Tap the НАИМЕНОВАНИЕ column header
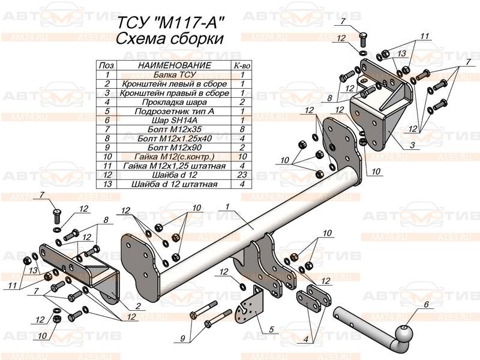[174, 65]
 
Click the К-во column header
[242, 65]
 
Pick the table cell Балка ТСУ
[174, 75]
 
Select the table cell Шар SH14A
[174, 120]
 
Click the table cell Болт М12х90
[174, 147]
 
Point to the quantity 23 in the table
[242, 175]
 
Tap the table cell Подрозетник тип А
[174, 111]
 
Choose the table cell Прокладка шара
[174, 102]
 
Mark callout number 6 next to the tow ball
[427, 305]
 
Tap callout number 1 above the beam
[228, 207]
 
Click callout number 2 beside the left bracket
[138, 306]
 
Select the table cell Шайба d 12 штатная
[174, 184]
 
